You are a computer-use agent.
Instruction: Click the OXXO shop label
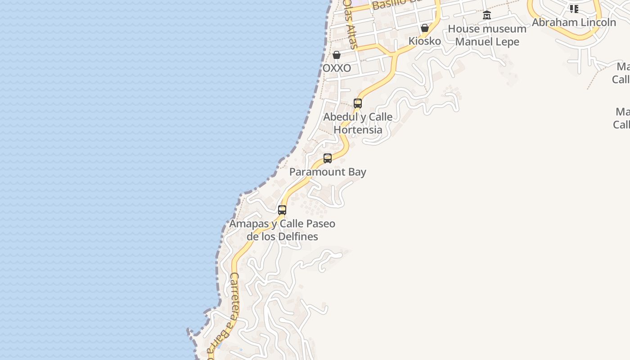pos(337,68)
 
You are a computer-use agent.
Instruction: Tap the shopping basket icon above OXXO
pos(337,55)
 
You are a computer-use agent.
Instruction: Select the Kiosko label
pos(424,41)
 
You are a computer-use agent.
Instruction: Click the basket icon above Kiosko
pos(424,28)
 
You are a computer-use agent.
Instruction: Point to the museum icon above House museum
pos(486,15)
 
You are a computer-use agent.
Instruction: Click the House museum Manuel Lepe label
pos(487,35)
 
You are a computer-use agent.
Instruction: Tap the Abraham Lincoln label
pos(574,22)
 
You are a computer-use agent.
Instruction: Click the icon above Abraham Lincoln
pos(574,9)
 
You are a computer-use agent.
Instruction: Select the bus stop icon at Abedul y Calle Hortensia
pos(358,103)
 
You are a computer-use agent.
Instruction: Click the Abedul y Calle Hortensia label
pos(358,123)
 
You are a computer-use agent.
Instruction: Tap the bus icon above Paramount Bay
pos(328,158)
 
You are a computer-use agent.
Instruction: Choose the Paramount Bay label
pos(328,172)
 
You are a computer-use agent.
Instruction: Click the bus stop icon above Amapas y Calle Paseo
pos(282,210)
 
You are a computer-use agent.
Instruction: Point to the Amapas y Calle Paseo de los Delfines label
pos(282,230)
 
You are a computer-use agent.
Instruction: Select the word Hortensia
pos(358,130)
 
